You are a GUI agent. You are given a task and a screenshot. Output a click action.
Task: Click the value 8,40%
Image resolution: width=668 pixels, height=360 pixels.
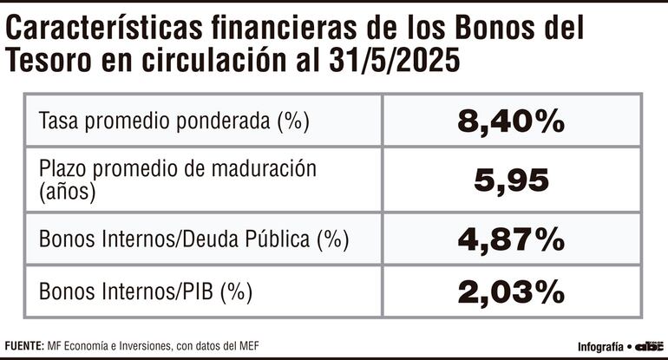coord(512,122)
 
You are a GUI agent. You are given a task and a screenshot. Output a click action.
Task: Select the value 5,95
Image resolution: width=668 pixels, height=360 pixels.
coord(512,180)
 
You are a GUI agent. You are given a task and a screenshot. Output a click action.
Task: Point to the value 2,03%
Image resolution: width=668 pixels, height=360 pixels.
coord(512,293)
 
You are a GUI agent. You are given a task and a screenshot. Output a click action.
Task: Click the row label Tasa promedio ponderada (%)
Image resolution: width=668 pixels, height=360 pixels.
coord(174,122)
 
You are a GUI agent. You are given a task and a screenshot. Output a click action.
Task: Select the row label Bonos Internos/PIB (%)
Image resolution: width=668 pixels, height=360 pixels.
coord(145,293)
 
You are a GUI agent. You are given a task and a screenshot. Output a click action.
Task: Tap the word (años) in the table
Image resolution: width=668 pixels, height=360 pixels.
coord(66,192)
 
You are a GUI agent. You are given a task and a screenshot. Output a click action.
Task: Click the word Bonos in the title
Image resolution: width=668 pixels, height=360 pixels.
coord(482,30)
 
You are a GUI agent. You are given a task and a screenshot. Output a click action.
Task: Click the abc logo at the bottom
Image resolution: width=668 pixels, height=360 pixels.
coord(647,344)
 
